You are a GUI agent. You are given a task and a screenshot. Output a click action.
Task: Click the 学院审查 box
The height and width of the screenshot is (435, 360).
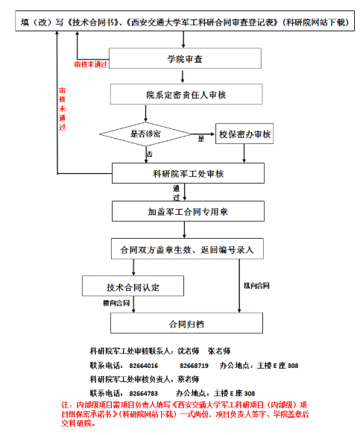point(185,58)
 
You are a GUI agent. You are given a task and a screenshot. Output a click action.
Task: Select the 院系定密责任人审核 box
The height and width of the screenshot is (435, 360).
point(186,94)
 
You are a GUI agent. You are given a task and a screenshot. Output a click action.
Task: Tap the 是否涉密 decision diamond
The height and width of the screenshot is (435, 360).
point(145,134)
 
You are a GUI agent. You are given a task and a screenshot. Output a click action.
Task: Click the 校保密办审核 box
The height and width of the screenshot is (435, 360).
point(244,134)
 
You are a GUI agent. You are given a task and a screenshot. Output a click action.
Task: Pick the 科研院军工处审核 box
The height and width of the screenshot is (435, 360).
point(188,173)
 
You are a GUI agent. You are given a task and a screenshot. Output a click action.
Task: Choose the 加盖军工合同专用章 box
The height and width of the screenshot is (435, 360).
point(188,211)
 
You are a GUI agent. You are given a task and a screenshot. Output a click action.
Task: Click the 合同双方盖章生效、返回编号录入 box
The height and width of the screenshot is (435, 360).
point(187,249)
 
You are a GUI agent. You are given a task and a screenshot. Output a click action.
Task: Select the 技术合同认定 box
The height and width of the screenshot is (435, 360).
point(133,286)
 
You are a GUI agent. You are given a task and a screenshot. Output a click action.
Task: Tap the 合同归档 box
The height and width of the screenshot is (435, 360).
point(186,323)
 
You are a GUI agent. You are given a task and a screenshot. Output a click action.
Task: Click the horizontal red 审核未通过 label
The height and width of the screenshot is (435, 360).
point(91,65)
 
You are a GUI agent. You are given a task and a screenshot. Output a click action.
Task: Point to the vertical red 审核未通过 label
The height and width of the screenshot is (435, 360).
point(63,109)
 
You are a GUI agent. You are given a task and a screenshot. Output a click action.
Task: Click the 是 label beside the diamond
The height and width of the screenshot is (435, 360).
point(201,139)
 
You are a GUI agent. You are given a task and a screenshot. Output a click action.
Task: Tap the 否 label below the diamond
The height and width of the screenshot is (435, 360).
point(150,154)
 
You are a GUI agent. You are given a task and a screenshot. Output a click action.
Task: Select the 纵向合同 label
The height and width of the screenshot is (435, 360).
point(256,286)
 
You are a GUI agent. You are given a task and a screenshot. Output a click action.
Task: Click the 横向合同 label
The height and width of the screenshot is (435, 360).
point(116,303)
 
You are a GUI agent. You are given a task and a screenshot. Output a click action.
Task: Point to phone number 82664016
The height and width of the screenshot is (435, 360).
point(144,366)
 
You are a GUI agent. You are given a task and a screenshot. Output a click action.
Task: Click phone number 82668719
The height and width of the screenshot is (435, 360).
point(194,366)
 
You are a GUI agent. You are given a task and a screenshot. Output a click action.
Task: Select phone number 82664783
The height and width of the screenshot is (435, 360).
point(144,393)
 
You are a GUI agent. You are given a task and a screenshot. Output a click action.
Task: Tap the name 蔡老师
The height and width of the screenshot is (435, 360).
point(189,379)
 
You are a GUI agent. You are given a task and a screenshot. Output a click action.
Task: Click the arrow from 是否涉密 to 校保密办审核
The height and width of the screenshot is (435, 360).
point(203,134)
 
